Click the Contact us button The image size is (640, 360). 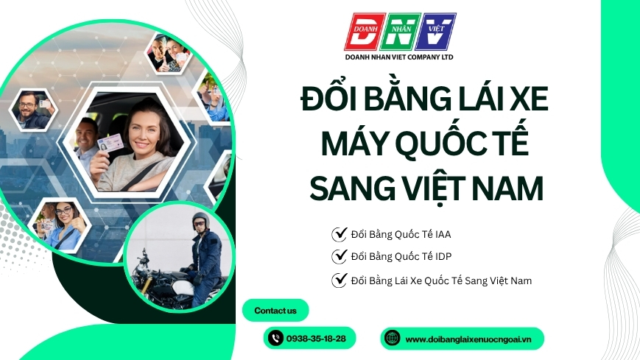point(275,311)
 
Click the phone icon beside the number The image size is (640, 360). point(275,339)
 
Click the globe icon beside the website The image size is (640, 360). point(393,339)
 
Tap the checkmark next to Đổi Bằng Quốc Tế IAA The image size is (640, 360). point(340,234)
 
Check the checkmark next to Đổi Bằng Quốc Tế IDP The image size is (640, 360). point(340,256)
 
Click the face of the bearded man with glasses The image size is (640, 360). point(27,107)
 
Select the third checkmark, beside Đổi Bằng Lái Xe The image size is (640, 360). point(340,280)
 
